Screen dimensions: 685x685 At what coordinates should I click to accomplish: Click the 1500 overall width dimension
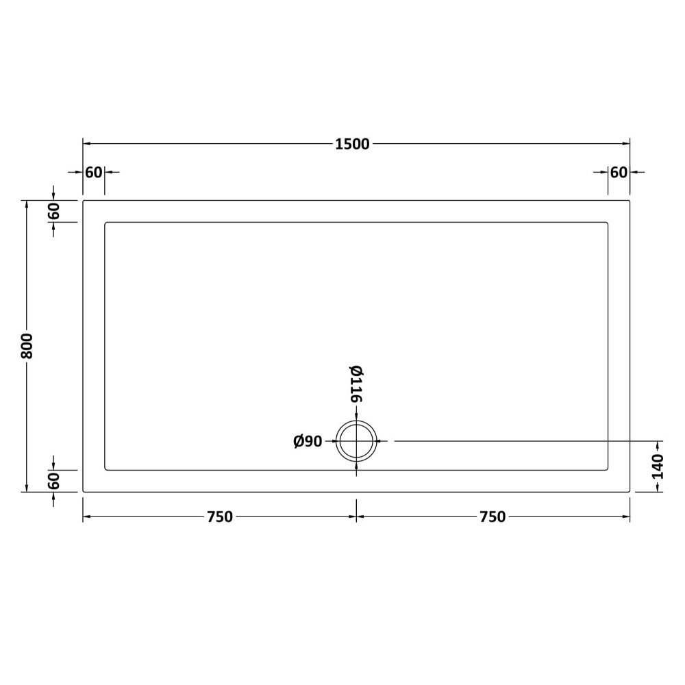pyautogui.click(x=352, y=144)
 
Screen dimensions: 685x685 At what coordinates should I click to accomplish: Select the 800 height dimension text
pyautogui.click(x=27, y=346)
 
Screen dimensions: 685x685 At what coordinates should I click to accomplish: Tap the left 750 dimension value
pyautogui.click(x=220, y=516)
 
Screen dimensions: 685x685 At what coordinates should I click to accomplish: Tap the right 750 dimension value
pyautogui.click(x=493, y=516)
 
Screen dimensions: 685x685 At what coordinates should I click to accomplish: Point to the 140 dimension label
pyautogui.click(x=658, y=466)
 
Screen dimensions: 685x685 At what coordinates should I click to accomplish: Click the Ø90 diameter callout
pyautogui.click(x=308, y=442)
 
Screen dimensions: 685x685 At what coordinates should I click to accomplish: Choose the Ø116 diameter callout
pyautogui.click(x=356, y=384)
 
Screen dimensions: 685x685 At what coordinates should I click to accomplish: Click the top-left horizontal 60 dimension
pyautogui.click(x=93, y=173)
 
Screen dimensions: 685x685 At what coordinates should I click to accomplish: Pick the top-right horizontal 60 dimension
pyautogui.click(x=619, y=173)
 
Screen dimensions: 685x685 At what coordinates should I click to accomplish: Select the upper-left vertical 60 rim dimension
pyautogui.click(x=53, y=212)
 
